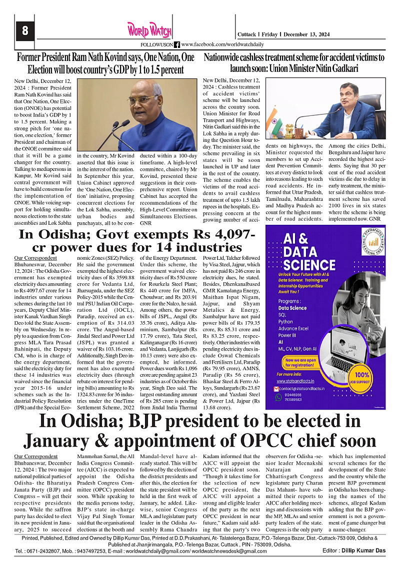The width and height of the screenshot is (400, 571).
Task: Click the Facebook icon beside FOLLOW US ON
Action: [177, 45]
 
